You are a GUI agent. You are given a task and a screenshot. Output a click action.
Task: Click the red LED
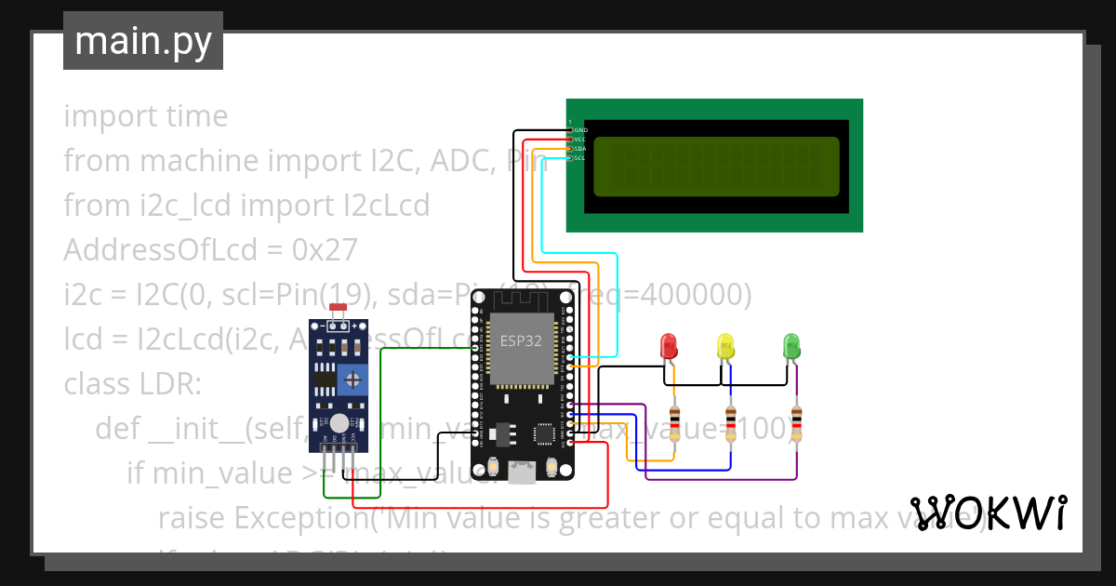(668, 346)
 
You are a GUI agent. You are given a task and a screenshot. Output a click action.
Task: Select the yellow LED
(725, 346)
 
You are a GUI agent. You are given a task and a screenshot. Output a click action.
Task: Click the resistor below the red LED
(674, 423)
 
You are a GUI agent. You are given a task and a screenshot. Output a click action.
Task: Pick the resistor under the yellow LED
(731, 423)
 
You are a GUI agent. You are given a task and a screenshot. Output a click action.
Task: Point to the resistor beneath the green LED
(796, 423)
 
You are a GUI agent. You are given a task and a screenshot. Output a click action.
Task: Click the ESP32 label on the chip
(521, 340)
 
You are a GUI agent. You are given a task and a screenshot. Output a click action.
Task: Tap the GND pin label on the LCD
(580, 130)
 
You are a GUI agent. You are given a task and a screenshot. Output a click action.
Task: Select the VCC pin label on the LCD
(579, 140)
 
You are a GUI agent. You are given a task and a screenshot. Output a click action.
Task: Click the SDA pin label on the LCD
(579, 149)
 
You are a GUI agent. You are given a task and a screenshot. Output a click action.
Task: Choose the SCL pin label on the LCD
(579, 158)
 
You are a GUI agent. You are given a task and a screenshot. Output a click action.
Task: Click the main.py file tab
(142, 41)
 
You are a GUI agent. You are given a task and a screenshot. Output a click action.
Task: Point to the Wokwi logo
(988, 513)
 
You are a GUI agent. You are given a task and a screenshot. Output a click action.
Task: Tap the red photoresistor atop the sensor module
(338, 307)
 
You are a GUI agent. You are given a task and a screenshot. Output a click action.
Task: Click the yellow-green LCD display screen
(715, 166)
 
